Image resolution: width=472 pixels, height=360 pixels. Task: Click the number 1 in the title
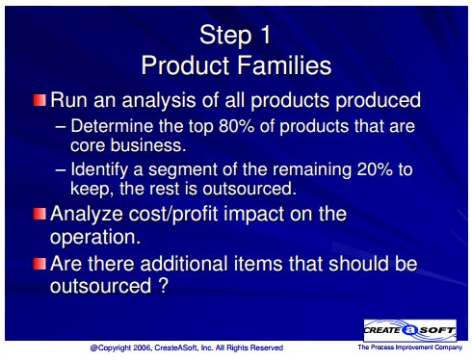tap(266, 35)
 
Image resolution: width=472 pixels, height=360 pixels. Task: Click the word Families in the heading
tap(284, 65)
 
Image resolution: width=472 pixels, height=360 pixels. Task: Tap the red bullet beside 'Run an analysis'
tap(39, 100)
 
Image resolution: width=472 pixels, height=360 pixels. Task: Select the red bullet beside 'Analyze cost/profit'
tap(39, 214)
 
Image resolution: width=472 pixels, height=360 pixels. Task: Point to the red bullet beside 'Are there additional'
tap(39, 264)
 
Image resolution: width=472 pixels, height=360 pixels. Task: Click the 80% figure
tap(237, 126)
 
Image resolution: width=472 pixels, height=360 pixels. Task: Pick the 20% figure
tap(375, 169)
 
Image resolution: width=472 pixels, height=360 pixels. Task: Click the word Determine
tap(112, 126)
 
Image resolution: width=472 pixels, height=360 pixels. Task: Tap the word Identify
tap(99, 169)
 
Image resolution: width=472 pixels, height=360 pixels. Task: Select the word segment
tap(182, 170)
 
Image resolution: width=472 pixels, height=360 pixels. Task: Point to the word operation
tap(95, 238)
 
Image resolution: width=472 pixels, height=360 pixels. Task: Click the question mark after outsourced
tap(164, 285)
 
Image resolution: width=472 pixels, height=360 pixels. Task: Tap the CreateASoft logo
tap(410, 330)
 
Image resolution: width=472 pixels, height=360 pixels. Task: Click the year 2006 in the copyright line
tap(143, 347)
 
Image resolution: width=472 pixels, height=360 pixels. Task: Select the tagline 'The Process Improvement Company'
tap(410, 347)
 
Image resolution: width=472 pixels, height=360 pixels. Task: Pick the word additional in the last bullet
tap(184, 264)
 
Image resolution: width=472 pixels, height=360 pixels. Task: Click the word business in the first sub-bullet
tap(148, 145)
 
